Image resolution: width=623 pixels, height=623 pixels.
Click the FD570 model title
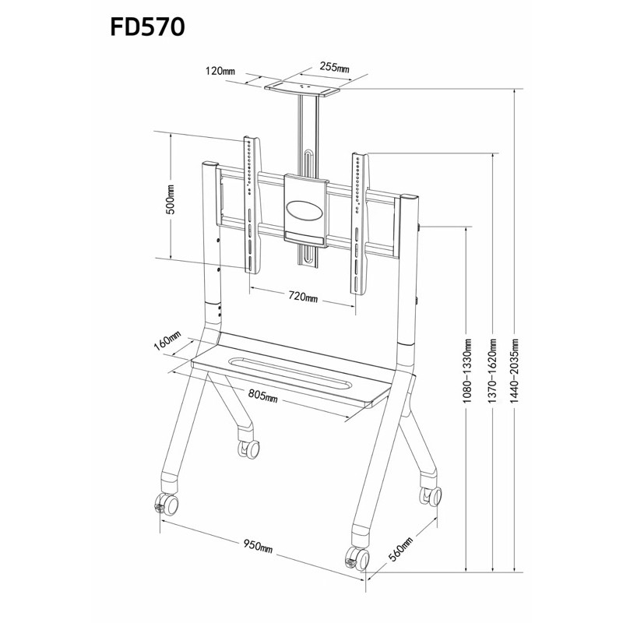pyautogui.click(x=148, y=28)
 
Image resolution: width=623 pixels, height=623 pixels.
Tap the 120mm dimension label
pyautogui.click(x=220, y=72)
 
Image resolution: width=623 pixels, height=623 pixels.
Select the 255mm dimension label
pyautogui.click(x=333, y=68)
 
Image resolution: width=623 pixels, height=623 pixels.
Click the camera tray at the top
pyautogui.click(x=304, y=87)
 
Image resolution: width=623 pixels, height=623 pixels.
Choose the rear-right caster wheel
pyautogui.click(x=431, y=494)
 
